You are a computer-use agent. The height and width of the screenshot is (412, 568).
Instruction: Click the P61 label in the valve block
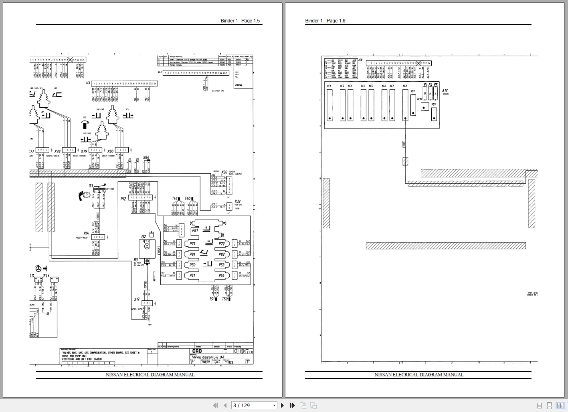[195, 230]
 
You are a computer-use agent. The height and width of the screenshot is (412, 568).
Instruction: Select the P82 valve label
[221, 254]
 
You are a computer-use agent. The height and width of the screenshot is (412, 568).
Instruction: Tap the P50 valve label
[192, 265]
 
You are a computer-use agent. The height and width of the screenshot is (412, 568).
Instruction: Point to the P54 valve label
[221, 275]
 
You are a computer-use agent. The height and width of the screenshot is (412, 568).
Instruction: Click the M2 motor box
[147, 249]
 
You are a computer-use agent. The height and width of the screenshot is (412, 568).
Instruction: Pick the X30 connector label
[224, 172]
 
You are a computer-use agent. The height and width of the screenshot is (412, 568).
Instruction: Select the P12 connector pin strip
[140, 197]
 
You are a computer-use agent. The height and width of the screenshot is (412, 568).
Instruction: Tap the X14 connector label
[86, 233]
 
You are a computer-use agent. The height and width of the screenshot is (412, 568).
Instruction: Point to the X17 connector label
[137, 299]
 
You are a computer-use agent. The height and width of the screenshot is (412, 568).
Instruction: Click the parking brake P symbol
[84, 196]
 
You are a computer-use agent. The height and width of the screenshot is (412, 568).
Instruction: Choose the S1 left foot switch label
[91, 186]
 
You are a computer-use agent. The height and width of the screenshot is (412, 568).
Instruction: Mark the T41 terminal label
[175, 199]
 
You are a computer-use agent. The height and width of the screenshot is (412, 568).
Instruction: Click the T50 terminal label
[225, 299]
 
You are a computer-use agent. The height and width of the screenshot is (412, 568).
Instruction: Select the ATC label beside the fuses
[445, 91]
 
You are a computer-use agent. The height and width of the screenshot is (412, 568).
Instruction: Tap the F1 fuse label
[426, 85]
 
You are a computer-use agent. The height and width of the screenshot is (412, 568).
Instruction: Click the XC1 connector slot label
[329, 86]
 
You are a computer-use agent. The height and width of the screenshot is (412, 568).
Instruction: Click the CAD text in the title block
[197, 351]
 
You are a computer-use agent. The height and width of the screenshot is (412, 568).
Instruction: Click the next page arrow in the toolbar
[282, 405]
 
